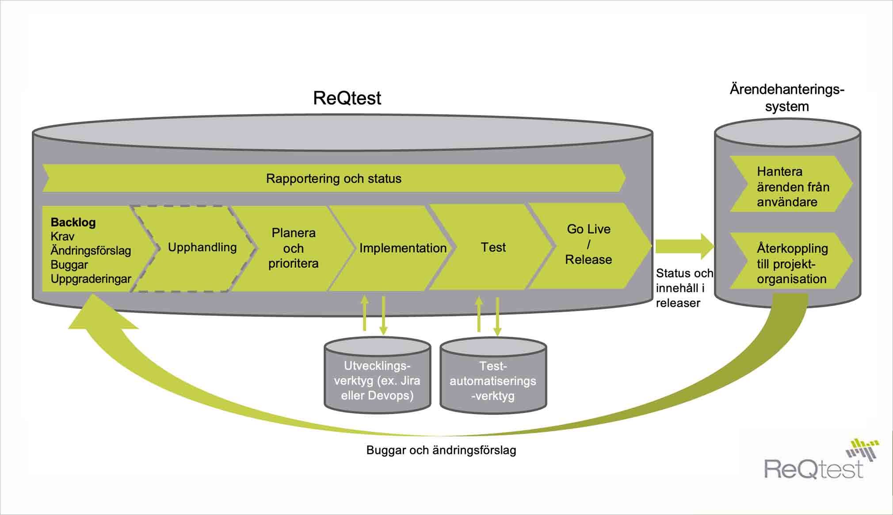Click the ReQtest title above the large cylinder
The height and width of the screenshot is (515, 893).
[347, 98]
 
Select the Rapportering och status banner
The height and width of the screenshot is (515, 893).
[334, 178]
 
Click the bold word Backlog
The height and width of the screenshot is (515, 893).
[73, 222]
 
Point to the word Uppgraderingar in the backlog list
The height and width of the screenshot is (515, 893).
[91, 279]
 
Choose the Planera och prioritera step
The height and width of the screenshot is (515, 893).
[293, 248]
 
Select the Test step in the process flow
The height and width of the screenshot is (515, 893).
[493, 247]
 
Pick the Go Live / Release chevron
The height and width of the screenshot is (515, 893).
[588, 245]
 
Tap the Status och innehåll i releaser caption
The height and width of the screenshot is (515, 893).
[683, 288]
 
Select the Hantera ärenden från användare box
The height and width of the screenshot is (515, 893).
[791, 186]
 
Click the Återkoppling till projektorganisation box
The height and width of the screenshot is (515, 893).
[791, 263]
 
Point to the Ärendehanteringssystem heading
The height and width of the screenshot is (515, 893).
[787, 98]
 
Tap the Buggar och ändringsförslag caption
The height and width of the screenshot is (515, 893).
[441, 450]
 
